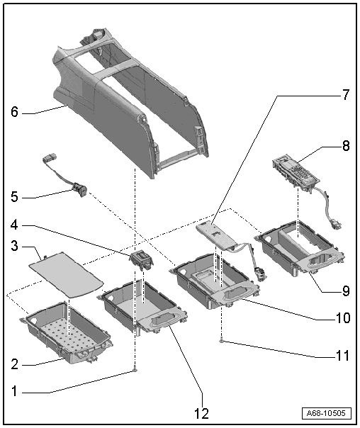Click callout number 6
14,112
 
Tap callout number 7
346,94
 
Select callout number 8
346,146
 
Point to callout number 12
201,413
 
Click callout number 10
343,317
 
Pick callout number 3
14,246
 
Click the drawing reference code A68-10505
326,412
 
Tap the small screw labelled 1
135,370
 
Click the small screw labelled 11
223,340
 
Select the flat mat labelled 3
67,274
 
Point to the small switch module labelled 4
142,261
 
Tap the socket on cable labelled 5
80,188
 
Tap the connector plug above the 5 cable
50,158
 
